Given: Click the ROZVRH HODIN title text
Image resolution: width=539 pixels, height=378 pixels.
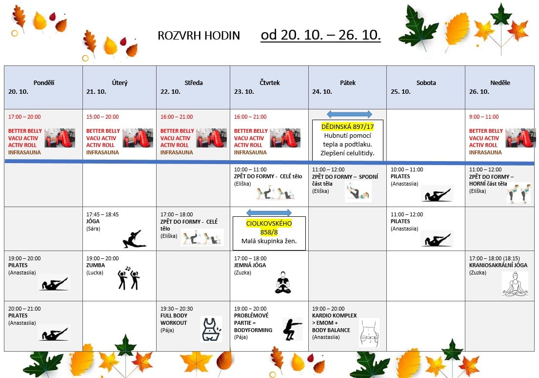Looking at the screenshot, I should pos(199,36).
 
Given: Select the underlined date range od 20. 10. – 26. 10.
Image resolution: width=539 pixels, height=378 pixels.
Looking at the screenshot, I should pos(320,35).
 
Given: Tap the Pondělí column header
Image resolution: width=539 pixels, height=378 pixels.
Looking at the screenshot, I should pos(43,83).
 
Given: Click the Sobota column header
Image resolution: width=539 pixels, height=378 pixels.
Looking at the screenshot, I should pos(426,83).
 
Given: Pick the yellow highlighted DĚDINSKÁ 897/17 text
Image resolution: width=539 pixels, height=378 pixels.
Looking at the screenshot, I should pos(347,126).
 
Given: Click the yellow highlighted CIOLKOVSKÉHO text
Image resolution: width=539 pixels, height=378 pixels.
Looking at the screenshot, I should pos(269,223).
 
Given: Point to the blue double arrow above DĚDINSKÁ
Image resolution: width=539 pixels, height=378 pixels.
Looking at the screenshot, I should pos(349,114).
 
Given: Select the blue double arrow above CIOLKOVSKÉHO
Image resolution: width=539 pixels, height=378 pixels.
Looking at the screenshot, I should pos(269,212).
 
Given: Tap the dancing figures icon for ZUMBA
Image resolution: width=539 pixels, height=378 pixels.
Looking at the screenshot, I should pos(128,278).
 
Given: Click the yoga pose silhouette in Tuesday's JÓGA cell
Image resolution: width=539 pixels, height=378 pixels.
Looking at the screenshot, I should pos(134,239).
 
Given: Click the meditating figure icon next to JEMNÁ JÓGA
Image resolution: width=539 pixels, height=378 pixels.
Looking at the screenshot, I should pos(283,282).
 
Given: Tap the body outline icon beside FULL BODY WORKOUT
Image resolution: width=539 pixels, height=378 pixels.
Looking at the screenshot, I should pos(210,329).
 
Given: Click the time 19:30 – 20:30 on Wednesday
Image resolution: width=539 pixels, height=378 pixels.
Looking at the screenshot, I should pos(176,309).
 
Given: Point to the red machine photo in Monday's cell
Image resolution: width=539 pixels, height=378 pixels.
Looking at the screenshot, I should pos(60,138).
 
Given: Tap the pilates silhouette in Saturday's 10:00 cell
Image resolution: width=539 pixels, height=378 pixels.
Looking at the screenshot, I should pos(436,195).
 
